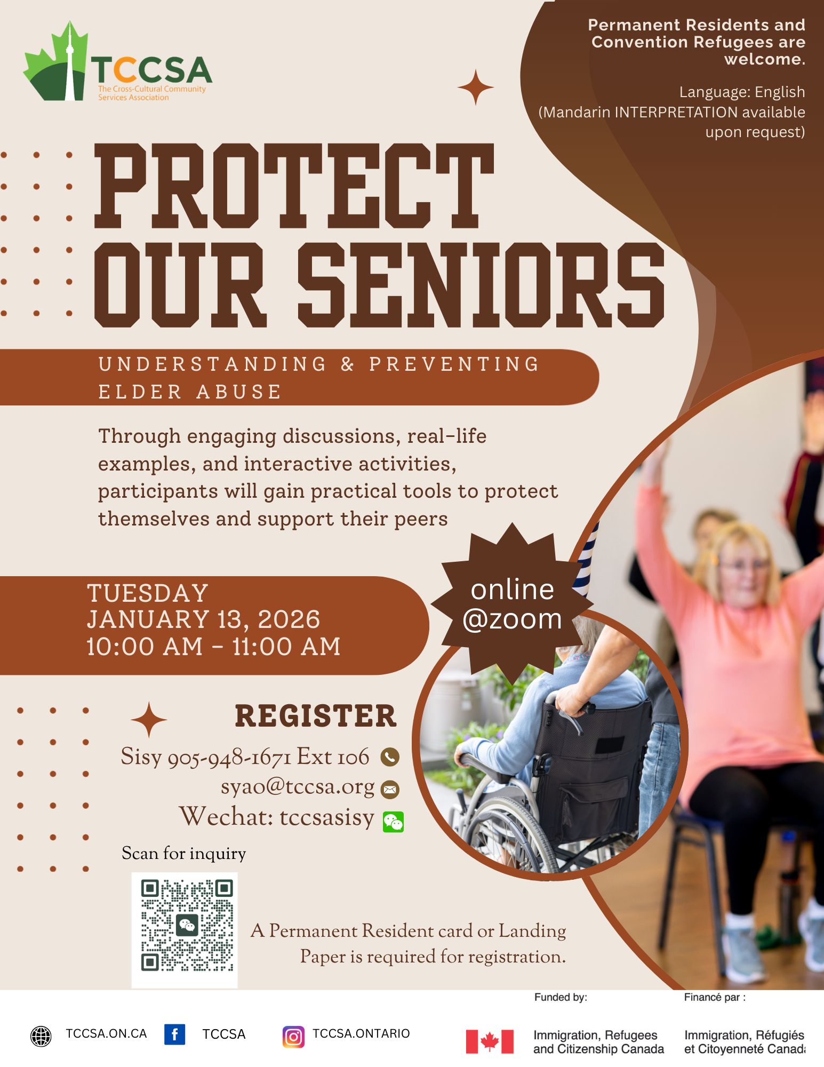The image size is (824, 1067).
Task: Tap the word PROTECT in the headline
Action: (294, 186)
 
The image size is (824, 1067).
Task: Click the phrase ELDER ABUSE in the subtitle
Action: (190, 392)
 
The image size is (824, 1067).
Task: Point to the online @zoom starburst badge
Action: (512, 604)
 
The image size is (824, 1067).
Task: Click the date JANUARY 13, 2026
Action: (203, 619)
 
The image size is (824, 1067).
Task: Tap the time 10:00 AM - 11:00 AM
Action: (213, 647)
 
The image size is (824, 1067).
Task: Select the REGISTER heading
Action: (316, 716)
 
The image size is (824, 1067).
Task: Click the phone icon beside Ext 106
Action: (390, 757)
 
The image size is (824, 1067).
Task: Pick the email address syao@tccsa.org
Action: (298, 787)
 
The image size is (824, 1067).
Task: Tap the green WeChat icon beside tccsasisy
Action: (394, 822)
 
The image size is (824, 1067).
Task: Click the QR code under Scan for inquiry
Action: (185, 930)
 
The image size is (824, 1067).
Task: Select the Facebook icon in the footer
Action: (174, 1034)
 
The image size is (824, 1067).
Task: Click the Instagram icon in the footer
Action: (293, 1037)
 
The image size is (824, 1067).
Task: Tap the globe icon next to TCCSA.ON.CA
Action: (41, 1036)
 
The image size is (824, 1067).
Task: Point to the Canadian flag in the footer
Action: (490, 1041)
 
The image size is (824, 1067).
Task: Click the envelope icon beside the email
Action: (390, 790)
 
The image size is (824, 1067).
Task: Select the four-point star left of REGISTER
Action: (149, 720)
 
